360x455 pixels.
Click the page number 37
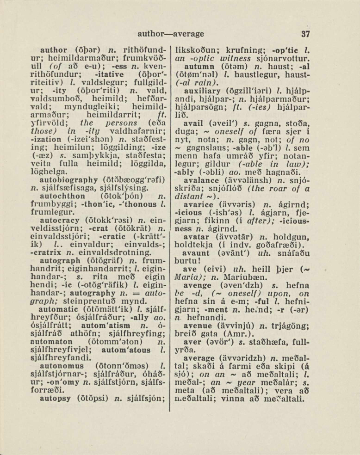click(305, 34)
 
